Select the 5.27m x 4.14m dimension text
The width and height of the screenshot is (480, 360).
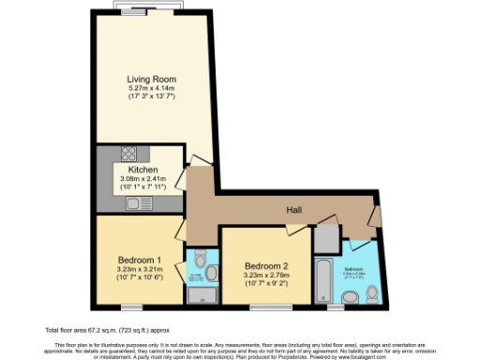[152, 87]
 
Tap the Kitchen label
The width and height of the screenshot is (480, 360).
[142, 169]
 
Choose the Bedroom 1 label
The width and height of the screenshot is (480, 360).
[139, 259]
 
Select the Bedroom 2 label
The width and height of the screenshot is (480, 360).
[266, 266]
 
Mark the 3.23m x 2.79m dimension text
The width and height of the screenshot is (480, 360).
[266, 276]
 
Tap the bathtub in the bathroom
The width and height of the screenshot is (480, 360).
[323, 278]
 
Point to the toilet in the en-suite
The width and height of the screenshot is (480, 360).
[211, 273]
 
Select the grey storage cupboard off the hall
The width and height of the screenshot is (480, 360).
[325, 238]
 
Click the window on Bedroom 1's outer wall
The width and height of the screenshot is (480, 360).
[131, 307]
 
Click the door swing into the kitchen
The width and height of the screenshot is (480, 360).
[198, 161]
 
